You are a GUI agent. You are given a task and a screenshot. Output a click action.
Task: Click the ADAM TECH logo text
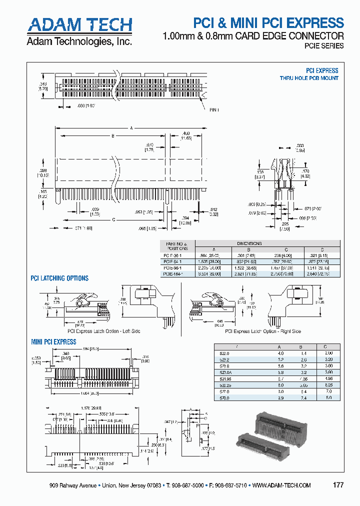point(79,25)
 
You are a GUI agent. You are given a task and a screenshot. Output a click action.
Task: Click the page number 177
point(338,485)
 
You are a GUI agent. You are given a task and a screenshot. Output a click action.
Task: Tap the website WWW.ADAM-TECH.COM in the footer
point(282,485)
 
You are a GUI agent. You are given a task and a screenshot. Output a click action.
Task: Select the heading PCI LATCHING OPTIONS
point(59,278)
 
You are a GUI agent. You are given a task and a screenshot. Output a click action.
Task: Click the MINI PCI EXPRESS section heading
point(53,342)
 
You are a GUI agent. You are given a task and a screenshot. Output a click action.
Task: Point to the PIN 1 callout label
point(214,110)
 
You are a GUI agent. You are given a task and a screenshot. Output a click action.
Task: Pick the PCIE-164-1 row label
point(173,273)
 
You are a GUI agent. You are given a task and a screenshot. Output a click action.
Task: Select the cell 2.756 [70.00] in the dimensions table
point(283,273)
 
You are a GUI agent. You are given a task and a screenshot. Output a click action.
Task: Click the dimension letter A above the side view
point(131,128)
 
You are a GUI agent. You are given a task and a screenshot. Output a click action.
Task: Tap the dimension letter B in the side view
point(113,136)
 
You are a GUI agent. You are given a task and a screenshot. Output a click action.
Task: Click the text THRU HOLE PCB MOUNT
point(308,78)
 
